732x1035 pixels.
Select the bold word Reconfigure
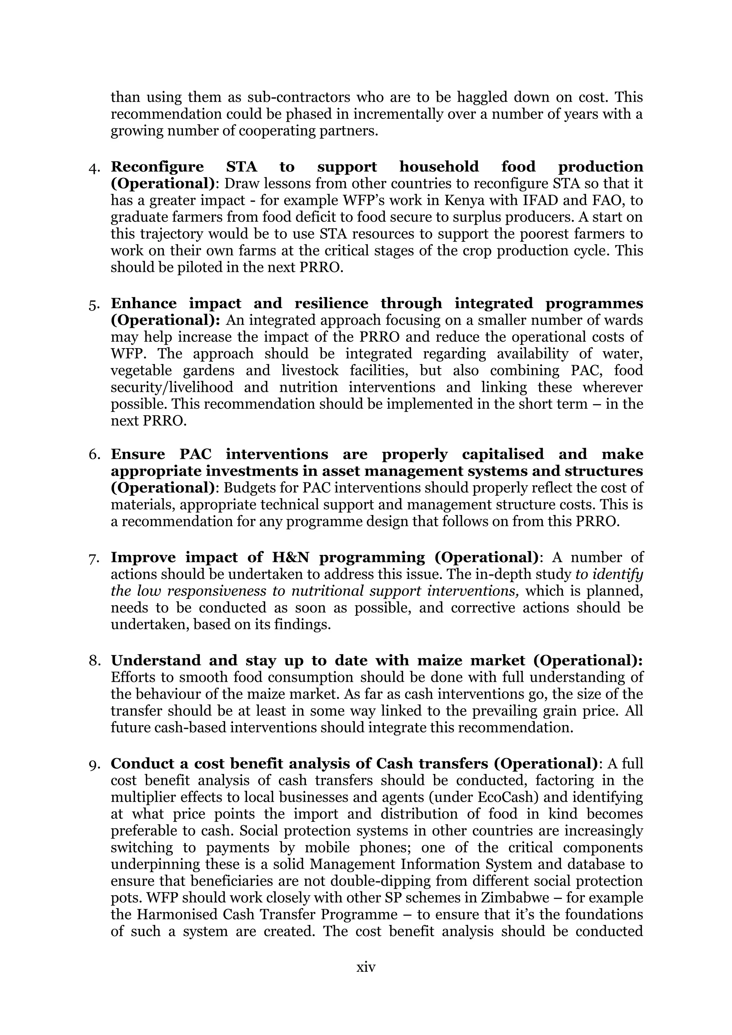point(157,167)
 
